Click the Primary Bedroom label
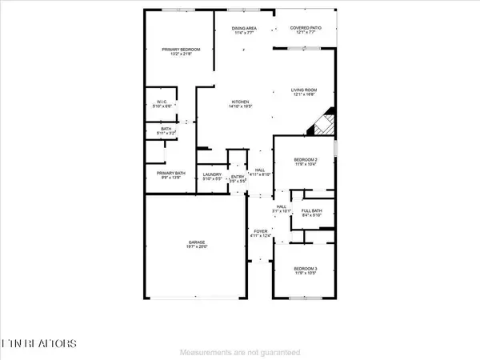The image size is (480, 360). coord(181,50)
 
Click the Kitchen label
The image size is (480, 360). coord(242,102)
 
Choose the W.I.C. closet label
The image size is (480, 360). coord(162,102)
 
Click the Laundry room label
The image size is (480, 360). coord(212,174)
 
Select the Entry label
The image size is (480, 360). coord(238,177)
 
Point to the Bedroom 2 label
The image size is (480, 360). coord(305,160)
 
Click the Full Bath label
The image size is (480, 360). coord(311,211)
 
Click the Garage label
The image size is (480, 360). coord(191,246)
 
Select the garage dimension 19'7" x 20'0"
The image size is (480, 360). coord(191,251)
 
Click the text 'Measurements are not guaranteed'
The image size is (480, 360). coord(240,353)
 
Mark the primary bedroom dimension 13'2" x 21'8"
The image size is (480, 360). coord(181,54)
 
